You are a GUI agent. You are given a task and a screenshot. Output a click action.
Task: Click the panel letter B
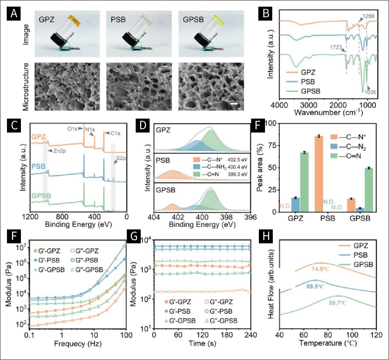point(266,13)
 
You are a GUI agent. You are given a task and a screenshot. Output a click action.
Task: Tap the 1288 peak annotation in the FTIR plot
point(368,16)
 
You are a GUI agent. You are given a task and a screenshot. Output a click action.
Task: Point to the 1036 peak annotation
point(370,92)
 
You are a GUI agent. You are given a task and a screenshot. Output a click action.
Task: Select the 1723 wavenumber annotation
point(336,47)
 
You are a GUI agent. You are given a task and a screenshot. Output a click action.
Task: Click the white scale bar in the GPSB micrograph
point(234,104)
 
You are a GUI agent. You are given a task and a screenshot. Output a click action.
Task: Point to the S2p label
point(121,158)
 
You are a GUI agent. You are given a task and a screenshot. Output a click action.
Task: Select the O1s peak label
point(72,129)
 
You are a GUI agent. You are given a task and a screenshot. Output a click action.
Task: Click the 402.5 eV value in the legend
point(237,160)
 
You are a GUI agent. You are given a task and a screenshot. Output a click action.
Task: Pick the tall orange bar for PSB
point(319,174)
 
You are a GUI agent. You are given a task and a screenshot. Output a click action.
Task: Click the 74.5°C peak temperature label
point(320,269)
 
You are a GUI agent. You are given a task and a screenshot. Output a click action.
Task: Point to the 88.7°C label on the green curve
point(338,303)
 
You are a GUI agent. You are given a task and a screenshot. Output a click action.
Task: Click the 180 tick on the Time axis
point(227,335)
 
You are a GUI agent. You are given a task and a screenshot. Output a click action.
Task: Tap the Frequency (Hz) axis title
point(78,344)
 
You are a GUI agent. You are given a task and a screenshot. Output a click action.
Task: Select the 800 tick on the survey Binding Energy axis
point(62,217)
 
